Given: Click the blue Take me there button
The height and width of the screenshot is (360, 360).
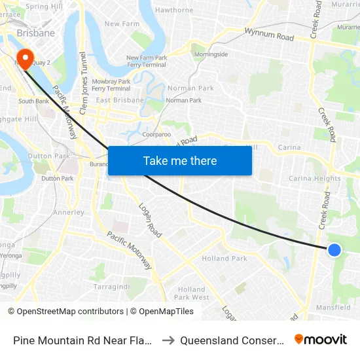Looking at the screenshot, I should click(180, 160).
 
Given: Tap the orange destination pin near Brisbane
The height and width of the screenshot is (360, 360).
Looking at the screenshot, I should click(26, 59).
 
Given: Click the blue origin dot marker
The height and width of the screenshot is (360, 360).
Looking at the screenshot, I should click(334, 249).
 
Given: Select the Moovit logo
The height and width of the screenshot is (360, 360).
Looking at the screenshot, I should click(321, 340).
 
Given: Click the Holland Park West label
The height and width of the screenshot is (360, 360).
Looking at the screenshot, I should click(192, 293).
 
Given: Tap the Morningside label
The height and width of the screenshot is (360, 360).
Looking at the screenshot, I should click(209, 54).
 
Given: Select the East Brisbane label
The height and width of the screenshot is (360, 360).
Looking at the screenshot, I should click(119, 100).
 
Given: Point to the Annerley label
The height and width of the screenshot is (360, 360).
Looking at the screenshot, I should click(68, 213).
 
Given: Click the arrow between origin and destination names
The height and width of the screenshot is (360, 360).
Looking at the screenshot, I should click(167, 340).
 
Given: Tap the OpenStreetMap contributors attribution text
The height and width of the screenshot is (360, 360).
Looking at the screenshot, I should click(70, 312).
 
